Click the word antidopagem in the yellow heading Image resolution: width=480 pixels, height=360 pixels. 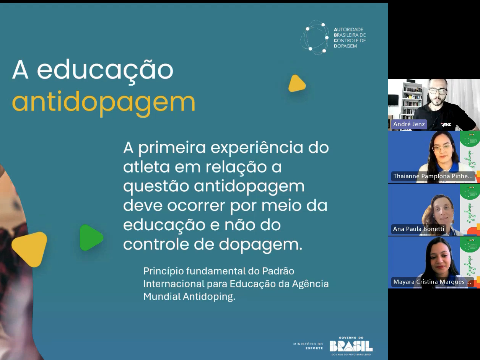point(104,101)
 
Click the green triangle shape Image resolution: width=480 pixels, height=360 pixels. point(91,238)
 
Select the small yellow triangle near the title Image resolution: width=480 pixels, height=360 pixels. point(296,84)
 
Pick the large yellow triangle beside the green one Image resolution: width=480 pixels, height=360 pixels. point(30,249)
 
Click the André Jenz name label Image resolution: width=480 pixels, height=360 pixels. point(409,124)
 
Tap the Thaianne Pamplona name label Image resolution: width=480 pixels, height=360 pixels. point(433,176)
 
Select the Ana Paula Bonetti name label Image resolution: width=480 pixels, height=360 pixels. point(418,229)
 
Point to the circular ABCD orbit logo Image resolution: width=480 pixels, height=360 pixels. point(315,37)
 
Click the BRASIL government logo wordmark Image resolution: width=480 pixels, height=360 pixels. point(351,346)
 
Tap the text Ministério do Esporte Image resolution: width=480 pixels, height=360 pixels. point(308,346)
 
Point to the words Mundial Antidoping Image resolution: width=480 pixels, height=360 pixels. point(189,296)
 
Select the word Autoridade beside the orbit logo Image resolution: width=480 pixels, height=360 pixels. point(348,29)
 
